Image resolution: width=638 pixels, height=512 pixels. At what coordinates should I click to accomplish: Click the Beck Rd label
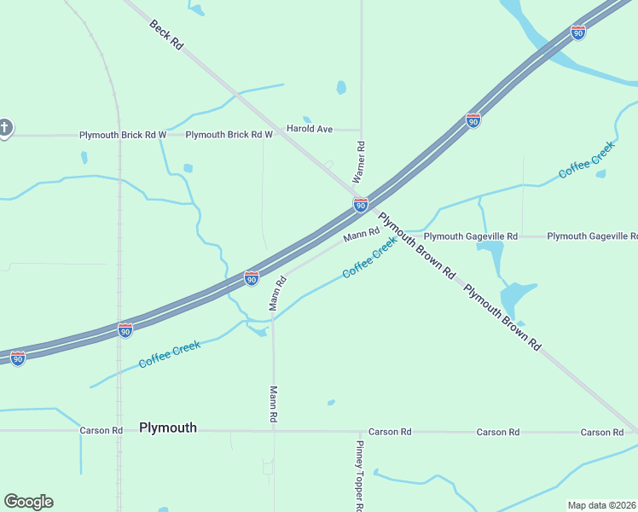pyautogui.click(x=166, y=34)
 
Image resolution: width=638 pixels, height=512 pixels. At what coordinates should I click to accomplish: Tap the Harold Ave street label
pyautogui.click(x=309, y=129)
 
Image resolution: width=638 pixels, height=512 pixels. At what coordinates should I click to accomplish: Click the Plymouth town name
pyautogui.click(x=168, y=428)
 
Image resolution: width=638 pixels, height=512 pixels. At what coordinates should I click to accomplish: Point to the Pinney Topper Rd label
pyautogui.click(x=361, y=475)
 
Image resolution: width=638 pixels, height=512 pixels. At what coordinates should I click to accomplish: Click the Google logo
pyautogui.click(x=28, y=502)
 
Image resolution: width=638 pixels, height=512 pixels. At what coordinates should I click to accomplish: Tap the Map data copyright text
pyautogui.click(x=600, y=505)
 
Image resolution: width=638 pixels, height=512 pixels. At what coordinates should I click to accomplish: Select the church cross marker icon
pyautogui.click(x=5, y=129)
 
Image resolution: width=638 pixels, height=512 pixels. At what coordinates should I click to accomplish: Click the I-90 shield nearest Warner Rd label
pyautogui.click(x=361, y=205)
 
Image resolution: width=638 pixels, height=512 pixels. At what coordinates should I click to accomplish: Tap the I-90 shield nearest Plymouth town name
pyautogui.click(x=125, y=330)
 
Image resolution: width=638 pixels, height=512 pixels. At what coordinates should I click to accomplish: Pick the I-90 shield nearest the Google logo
pyautogui.click(x=17, y=358)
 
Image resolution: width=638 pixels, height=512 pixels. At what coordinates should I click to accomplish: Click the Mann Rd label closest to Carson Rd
pyautogui.click(x=274, y=405)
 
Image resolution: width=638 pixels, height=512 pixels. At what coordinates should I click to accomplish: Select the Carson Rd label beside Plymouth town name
pyautogui.click(x=96, y=431)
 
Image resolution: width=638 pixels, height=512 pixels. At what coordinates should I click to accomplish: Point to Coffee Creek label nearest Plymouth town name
pyautogui.click(x=170, y=354)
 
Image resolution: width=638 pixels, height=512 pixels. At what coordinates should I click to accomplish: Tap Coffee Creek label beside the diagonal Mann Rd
pyautogui.click(x=370, y=258)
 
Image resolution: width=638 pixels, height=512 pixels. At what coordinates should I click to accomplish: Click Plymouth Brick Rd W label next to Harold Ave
pyautogui.click(x=229, y=135)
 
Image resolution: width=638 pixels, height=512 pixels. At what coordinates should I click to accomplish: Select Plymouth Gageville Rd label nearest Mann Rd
pyautogui.click(x=471, y=236)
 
